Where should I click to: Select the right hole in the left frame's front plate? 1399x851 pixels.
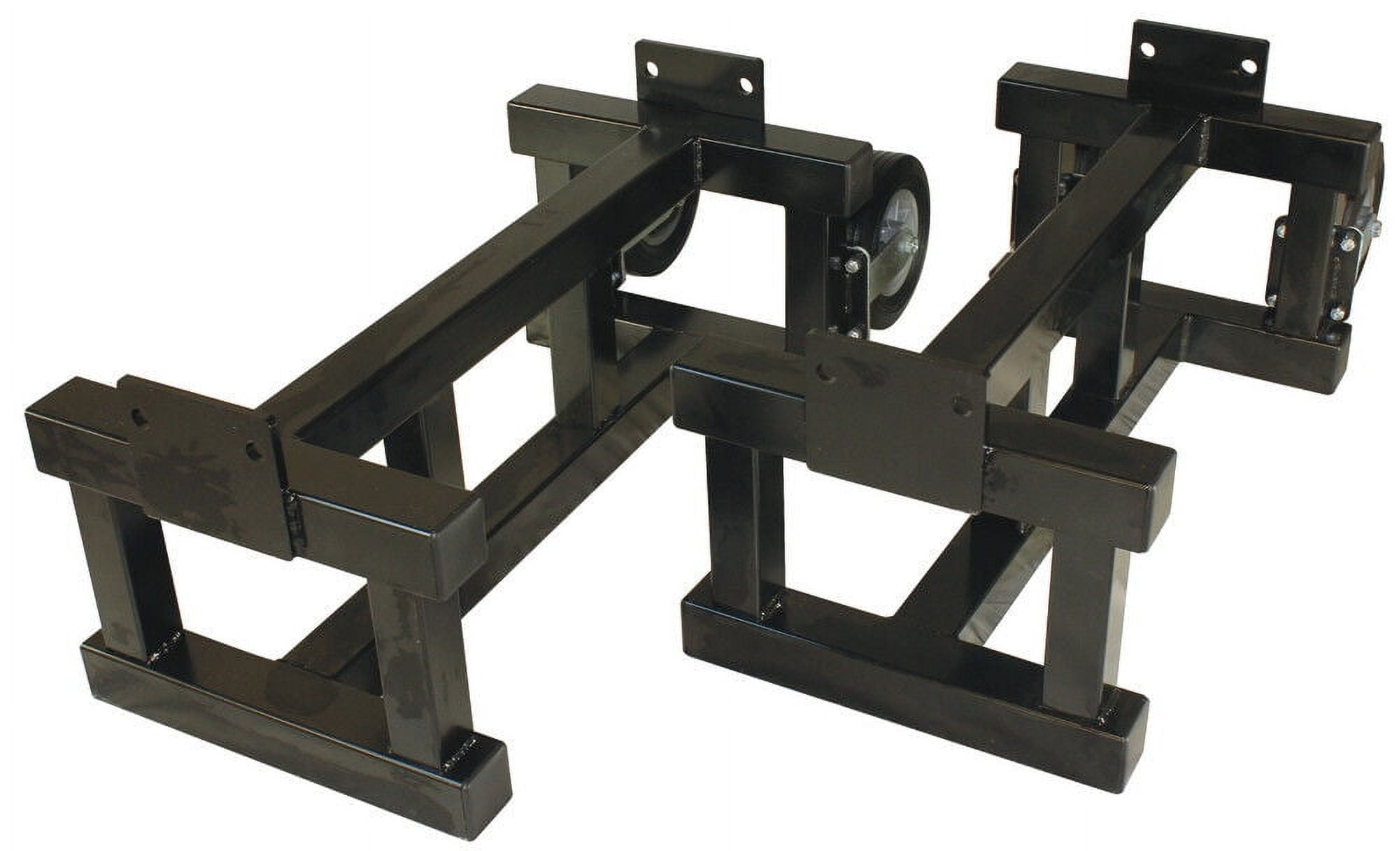tap(250, 448)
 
